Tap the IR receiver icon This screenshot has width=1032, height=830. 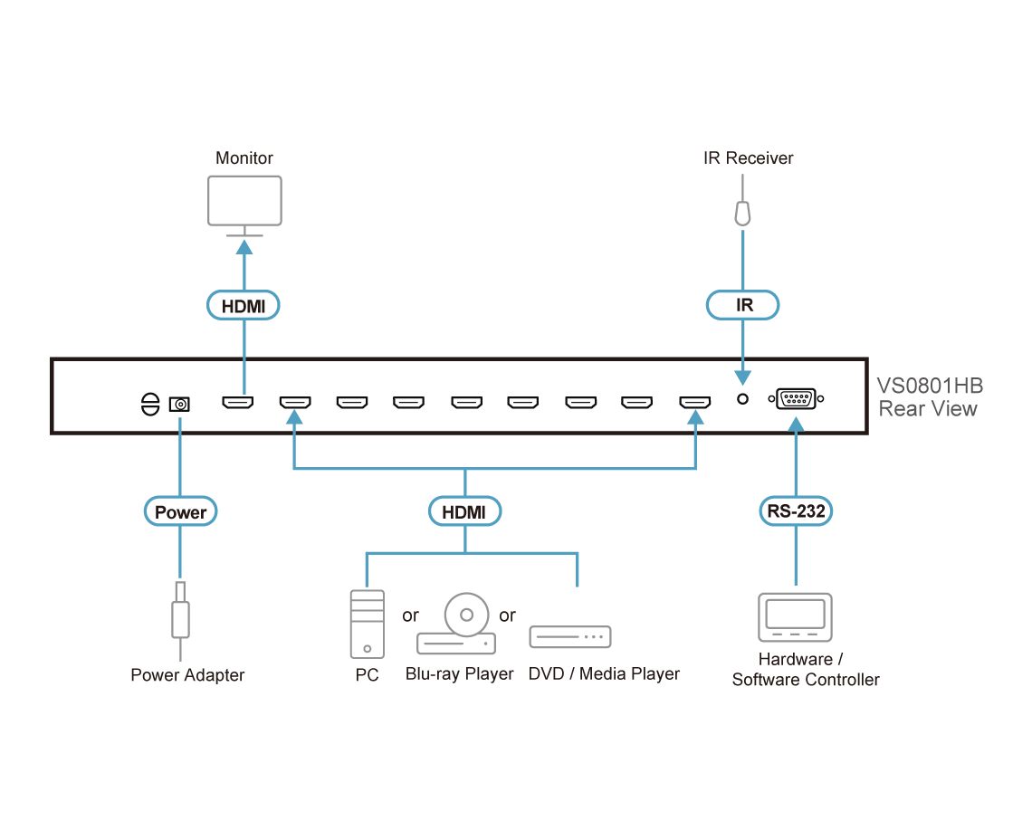pos(742,212)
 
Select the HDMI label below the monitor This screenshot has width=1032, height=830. pos(244,307)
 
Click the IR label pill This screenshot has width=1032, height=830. pos(743,306)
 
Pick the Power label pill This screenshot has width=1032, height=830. pos(181,512)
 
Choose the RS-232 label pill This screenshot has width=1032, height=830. pos(796,512)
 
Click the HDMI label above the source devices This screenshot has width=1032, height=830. pos(464,512)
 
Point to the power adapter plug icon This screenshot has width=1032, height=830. pos(181,612)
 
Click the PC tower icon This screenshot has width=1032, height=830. pos(367,624)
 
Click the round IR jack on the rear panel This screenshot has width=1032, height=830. pos(743,397)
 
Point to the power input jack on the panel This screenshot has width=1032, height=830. pos(180,403)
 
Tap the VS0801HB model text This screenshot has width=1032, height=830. pos(929,386)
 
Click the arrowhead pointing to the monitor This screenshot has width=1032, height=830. pos(244,246)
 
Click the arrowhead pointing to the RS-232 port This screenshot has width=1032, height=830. pos(796,425)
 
